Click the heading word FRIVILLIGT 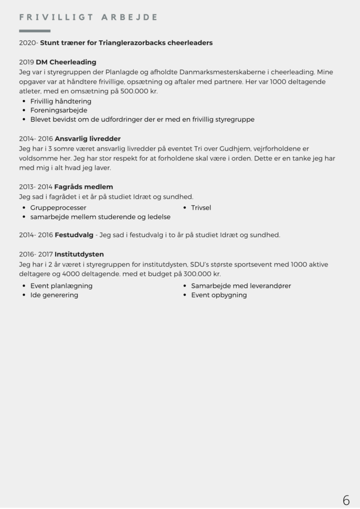56,17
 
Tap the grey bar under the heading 35,31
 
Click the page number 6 346,500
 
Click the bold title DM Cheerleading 66,62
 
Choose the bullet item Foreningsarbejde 59,110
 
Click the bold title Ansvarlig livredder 88,139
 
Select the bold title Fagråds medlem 84,187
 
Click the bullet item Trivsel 201,207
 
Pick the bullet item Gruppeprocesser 58,207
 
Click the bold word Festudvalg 74,235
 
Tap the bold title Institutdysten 79,254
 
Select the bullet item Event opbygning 219,295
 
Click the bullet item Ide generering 54,295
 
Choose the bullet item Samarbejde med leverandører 241,286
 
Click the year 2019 26,62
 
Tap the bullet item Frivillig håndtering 61,101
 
